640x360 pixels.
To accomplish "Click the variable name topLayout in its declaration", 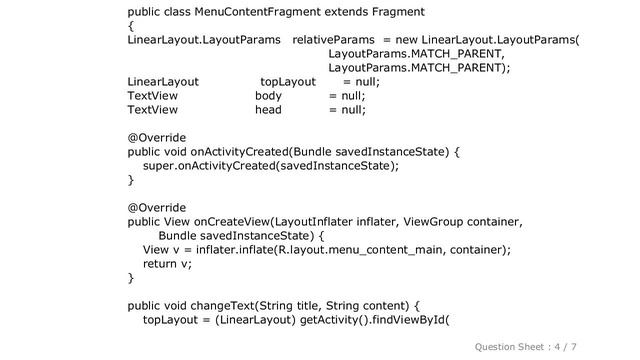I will pos(287,83).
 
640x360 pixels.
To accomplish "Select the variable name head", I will pos(268,111).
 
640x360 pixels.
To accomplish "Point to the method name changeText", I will pos(218,306).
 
